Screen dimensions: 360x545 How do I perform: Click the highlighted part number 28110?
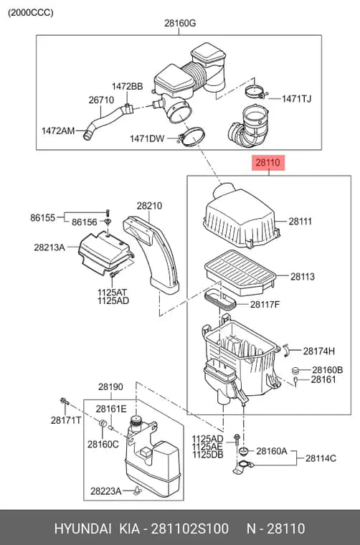click(x=268, y=162)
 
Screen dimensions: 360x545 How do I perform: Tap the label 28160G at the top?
click(x=180, y=23)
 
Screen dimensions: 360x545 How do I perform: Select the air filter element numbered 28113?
click(x=240, y=272)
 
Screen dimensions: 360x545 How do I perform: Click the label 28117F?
click(x=265, y=305)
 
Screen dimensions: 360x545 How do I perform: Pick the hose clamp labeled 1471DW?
click(x=191, y=137)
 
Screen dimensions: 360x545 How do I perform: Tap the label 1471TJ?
click(x=296, y=99)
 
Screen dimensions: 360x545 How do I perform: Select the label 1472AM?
click(x=58, y=131)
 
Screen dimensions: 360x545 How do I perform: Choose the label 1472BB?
click(x=127, y=87)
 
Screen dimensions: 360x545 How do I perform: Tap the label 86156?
click(x=85, y=222)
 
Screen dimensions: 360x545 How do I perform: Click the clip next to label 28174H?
click(x=287, y=349)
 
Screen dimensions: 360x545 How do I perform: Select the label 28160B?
click(x=327, y=370)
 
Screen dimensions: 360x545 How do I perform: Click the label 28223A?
click(x=105, y=491)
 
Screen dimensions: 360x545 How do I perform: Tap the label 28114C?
click(x=321, y=458)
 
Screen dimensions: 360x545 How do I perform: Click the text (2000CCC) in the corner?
click(x=31, y=13)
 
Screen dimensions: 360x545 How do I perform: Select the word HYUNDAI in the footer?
click(x=82, y=529)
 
